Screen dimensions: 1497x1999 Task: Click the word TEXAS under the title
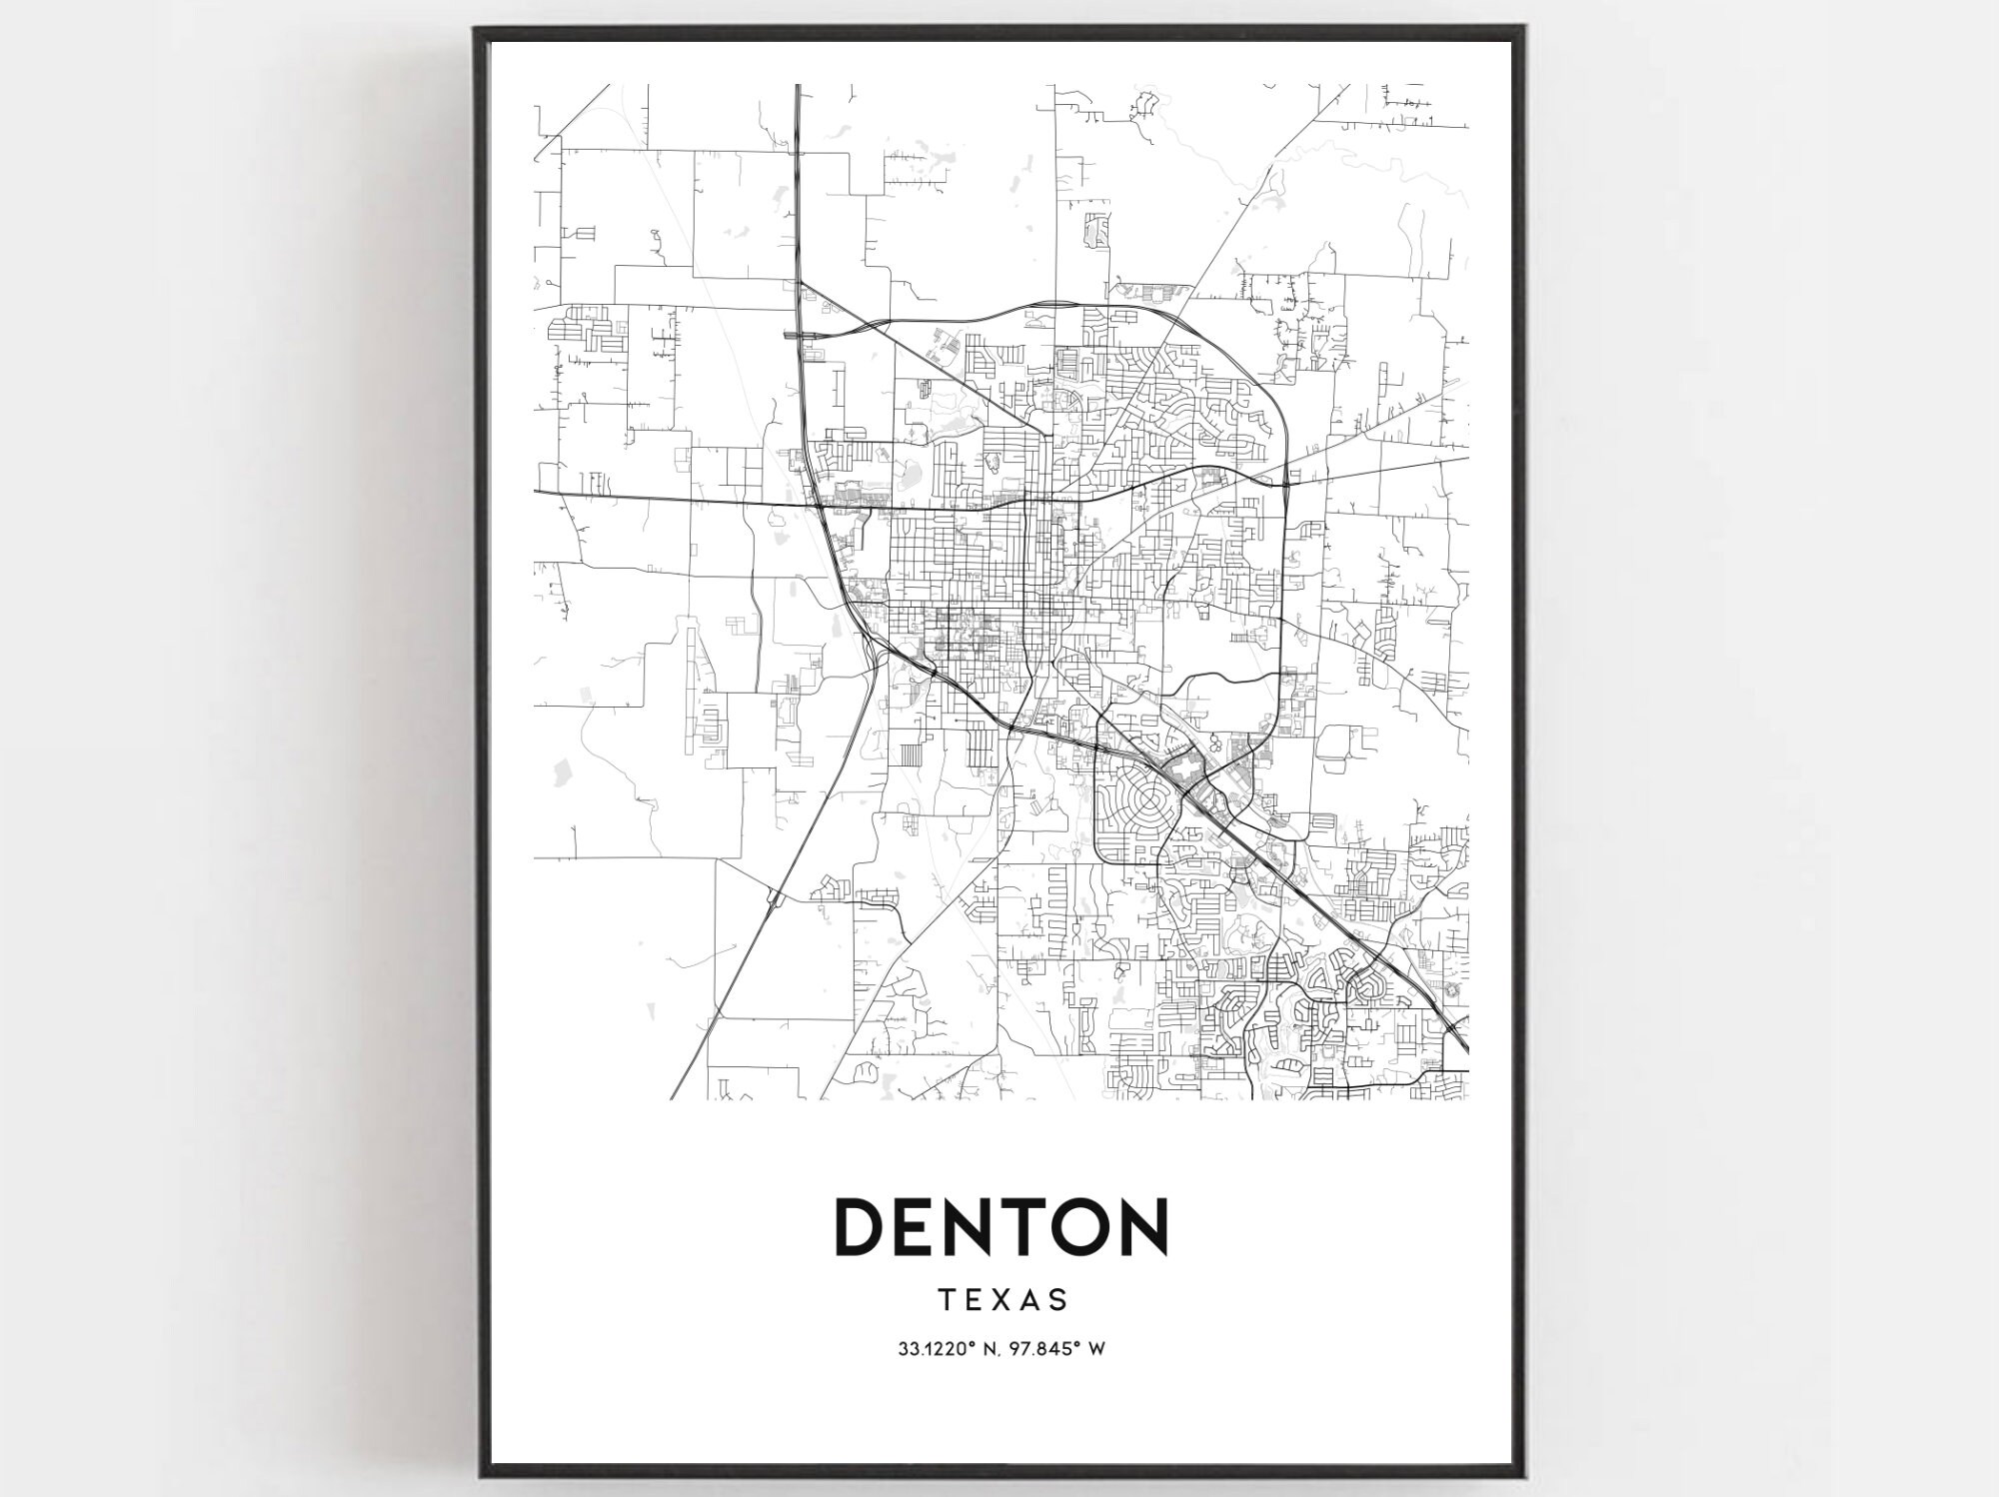coord(1003,1300)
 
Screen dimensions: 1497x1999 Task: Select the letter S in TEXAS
coord(1059,1300)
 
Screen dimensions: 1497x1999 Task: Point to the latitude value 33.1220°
coord(939,1349)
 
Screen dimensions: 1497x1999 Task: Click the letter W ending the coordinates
coord(1096,1349)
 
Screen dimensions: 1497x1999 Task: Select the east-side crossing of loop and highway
coord(1285,485)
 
